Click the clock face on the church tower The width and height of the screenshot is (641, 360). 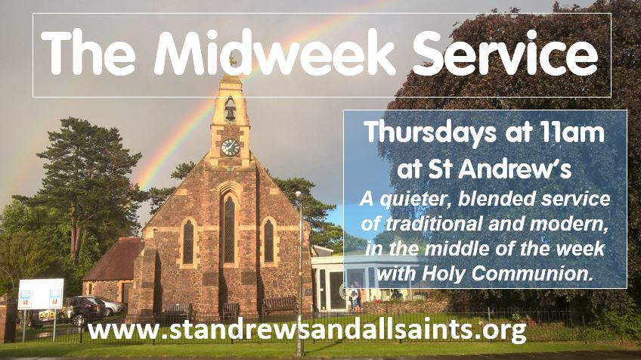coord(230,147)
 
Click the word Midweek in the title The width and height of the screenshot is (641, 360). coord(274,53)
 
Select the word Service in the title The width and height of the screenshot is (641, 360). coord(505,53)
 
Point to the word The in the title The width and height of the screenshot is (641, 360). coord(88,53)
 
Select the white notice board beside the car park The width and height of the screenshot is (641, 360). coord(41,294)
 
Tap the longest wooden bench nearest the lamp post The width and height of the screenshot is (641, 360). coord(280,306)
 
